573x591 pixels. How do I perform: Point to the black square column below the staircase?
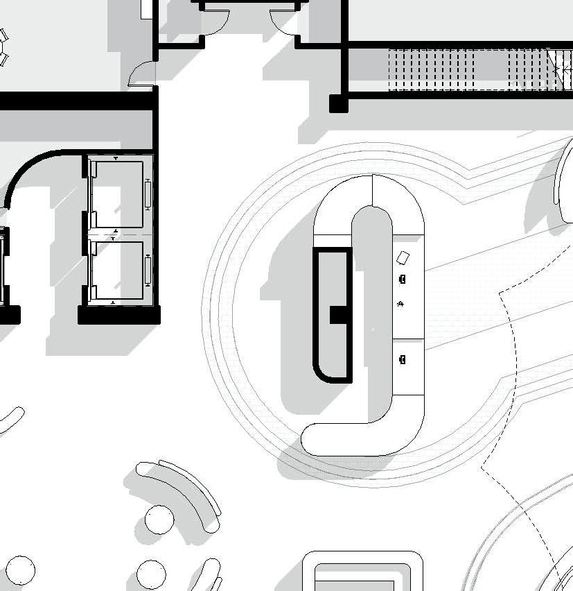[x=338, y=103]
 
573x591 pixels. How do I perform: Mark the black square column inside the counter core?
[x=339, y=314]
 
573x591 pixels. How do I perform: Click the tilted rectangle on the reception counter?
[x=403, y=258]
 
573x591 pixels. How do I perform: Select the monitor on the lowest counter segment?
[x=403, y=359]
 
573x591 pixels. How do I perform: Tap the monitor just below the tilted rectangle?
[x=403, y=279]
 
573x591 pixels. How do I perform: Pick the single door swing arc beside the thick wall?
[x=141, y=74]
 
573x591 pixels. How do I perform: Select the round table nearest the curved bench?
[x=159, y=520]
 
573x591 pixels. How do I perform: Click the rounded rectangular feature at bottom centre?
[x=363, y=572]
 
